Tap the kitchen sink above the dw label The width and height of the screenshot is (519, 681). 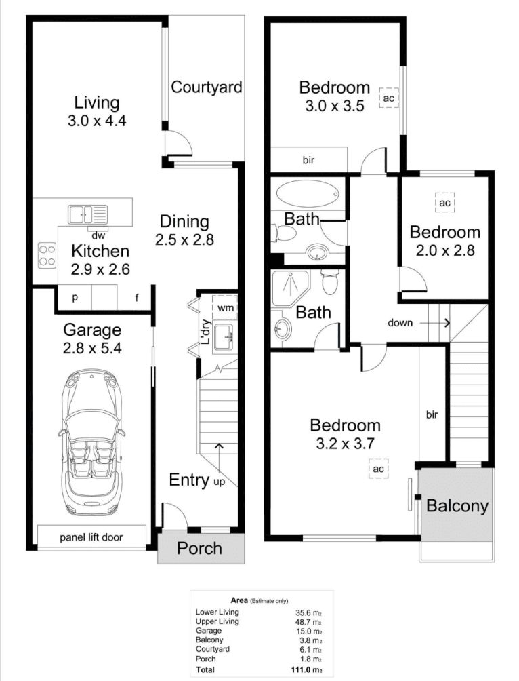(87, 214)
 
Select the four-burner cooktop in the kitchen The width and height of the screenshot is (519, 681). (47, 255)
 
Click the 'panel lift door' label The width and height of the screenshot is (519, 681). (91, 537)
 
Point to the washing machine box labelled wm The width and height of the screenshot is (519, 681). (226, 308)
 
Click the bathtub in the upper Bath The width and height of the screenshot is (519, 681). (308, 194)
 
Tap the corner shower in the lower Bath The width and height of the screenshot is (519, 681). (290, 289)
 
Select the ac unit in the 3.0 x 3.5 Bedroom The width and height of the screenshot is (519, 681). (388, 98)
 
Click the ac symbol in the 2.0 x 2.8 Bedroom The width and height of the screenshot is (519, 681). (444, 203)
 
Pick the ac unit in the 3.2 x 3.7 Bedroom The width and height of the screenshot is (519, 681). (378, 469)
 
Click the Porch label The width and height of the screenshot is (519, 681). (200, 549)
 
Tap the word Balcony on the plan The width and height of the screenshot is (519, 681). (457, 506)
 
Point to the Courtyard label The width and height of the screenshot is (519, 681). (207, 87)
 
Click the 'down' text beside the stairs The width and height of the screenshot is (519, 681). (400, 323)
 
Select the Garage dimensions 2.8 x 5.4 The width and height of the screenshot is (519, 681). (92, 348)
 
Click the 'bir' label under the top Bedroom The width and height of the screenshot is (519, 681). (308, 160)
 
